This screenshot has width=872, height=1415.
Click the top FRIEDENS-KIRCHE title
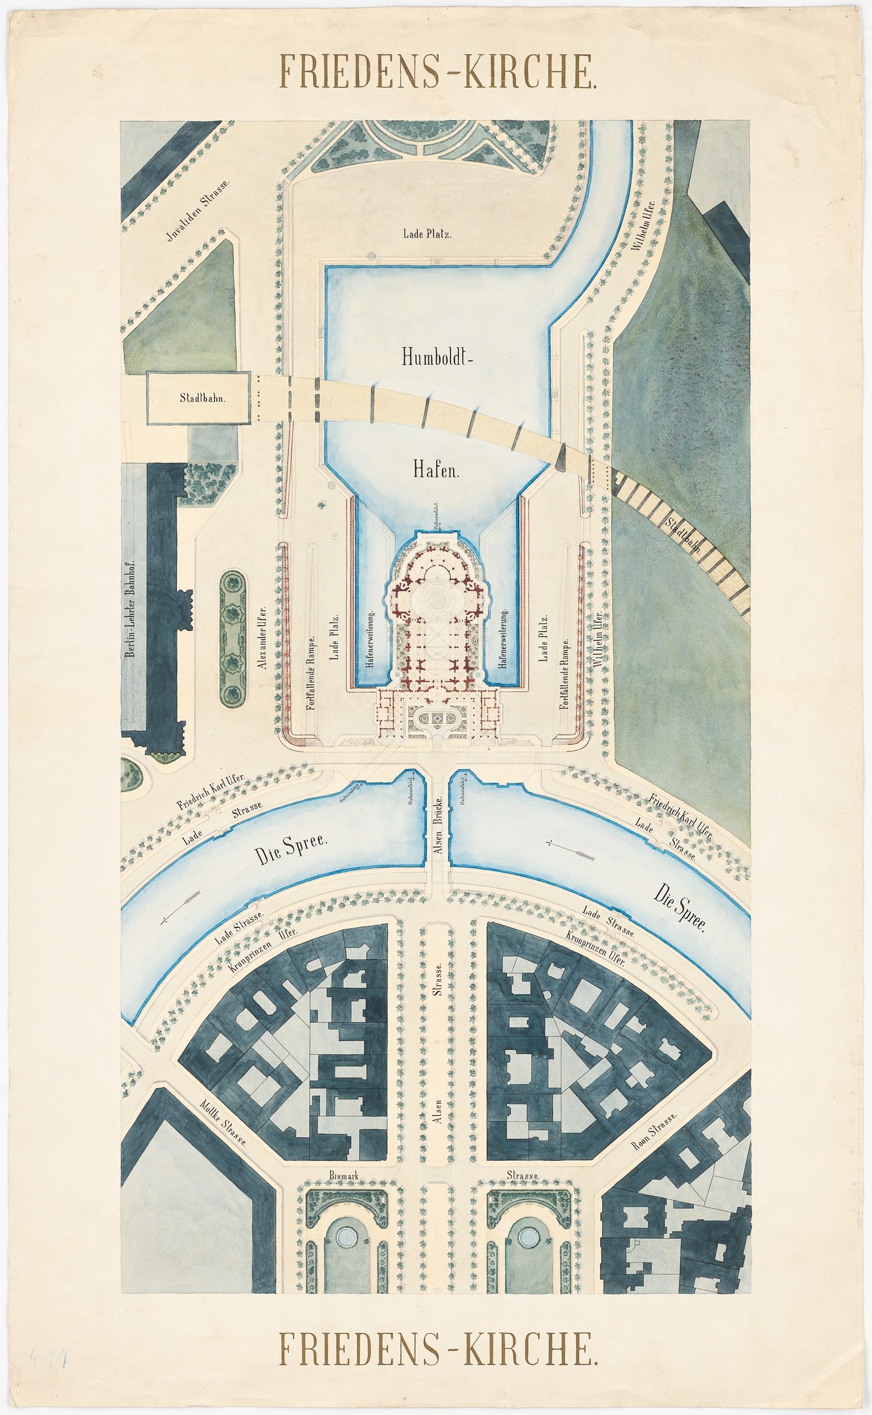click(x=438, y=71)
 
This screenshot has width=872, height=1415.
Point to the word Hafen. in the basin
click(x=435, y=469)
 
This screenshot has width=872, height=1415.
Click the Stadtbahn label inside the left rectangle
click(x=198, y=398)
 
